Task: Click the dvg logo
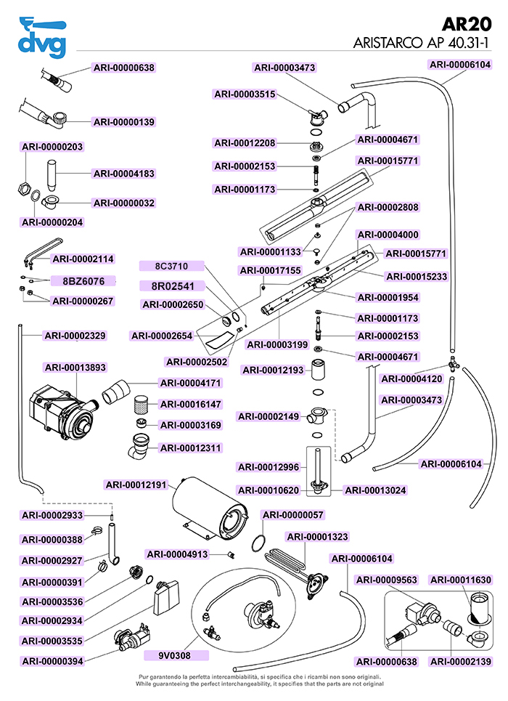42,36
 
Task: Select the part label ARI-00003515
245,94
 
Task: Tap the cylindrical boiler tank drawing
207,508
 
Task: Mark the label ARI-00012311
191,447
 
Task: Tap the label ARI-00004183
124,174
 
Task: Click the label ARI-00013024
375,490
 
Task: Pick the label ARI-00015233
417,277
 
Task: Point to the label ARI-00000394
53,661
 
